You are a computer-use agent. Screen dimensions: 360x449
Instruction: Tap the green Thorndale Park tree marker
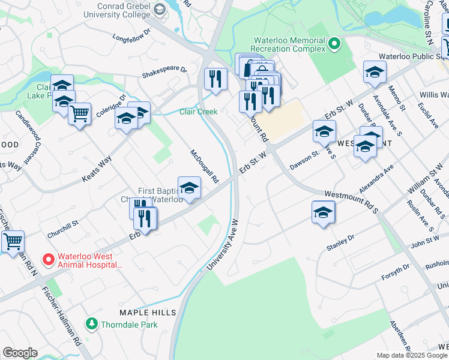(91, 324)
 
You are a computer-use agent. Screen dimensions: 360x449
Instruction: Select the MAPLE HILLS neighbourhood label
(148, 313)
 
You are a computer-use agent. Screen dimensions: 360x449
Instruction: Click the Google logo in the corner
(20, 353)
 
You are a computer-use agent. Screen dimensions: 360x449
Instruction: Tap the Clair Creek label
(198, 112)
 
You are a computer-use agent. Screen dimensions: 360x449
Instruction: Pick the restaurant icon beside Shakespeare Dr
(215, 79)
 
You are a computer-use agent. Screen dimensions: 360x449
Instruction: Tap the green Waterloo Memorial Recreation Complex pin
(335, 43)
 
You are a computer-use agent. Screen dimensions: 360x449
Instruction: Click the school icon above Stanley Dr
(323, 212)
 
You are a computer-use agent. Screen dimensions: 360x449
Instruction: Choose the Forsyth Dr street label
(396, 272)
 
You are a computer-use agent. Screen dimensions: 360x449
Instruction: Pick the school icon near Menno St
(375, 72)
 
